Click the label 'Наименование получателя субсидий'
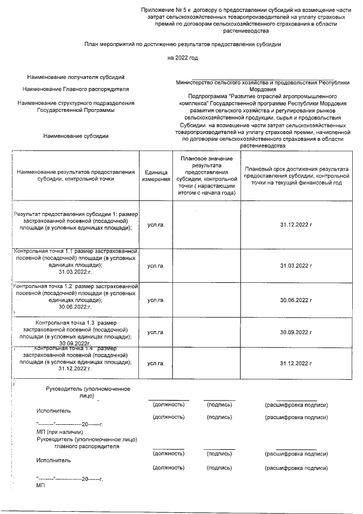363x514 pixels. (75, 77)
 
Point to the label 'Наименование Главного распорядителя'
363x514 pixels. (75, 89)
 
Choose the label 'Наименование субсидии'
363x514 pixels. (75, 136)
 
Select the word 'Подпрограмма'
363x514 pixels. (207, 96)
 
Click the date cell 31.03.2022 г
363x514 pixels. (296, 265)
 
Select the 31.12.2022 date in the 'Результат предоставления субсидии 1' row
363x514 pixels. (296, 225)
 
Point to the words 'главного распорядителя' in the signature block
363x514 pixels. (87, 446)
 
